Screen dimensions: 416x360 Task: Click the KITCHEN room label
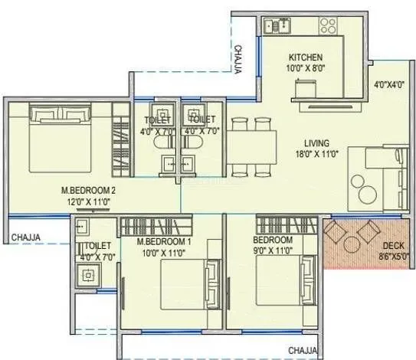pos(306,57)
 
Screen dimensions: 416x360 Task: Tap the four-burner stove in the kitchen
pos(328,25)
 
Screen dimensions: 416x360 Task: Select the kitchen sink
pos(277,26)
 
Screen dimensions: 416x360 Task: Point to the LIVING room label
pos(316,143)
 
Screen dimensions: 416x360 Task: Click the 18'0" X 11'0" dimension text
pos(316,155)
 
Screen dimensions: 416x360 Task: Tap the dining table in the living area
pos(251,147)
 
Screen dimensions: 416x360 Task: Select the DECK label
pos(393,246)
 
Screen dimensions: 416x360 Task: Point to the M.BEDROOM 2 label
pos(88,191)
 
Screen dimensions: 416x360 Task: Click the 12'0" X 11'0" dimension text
pos(88,202)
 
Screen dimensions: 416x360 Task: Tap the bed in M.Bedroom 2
pos(60,137)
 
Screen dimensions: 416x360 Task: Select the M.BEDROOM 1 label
pos(164,242)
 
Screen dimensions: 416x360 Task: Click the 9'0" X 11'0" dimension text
pos(273,250)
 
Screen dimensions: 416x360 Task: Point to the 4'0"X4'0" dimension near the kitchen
pos(388,85)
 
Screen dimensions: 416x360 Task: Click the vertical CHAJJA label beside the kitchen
pos(238,60)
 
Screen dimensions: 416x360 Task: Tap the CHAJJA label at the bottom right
pos(303,351)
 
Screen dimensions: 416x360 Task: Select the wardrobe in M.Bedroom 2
pos(121,139)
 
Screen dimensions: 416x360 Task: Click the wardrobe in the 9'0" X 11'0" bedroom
pos(287,225)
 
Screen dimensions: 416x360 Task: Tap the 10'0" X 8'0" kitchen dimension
pos(306,68)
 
